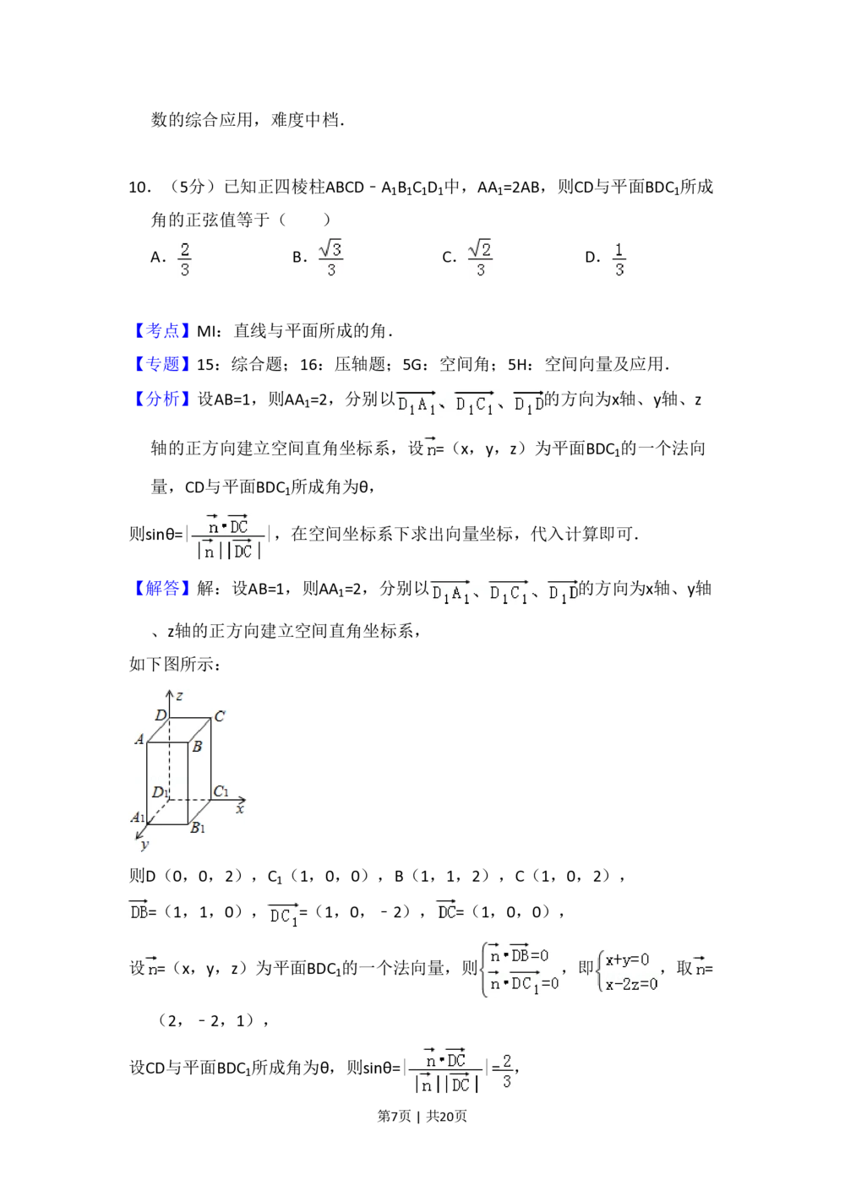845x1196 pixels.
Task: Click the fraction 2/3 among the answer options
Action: pyautogui.click(x=185, y=259)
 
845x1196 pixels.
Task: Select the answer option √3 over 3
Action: pyautogui.click(x=330, y=259)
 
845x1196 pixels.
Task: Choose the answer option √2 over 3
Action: pyautogui.click(x=479, y=259)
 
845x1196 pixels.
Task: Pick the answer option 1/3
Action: pyautogui.click(x=619, y=259)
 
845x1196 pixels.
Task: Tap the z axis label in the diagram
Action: pyautogui.click(x=179, y=696)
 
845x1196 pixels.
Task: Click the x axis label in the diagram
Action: pyautogui.click(x=240, y=809)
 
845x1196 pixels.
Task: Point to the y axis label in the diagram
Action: pyautogui.click(x=145, y=844)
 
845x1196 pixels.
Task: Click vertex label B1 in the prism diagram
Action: pyautogui.click(x=198, y=828)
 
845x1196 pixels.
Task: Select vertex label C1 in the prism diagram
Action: pyautogui.click(x=221, y=791)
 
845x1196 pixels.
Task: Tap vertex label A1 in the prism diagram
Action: pyautogui.click(x=138, y=817)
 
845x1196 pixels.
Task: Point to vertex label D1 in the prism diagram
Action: pyautogui.click(x=159, y=792)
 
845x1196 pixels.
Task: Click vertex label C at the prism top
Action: pyautogui.click(x=220, y=717)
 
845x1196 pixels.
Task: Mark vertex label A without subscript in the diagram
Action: pyautogui.click(x=139, y=740)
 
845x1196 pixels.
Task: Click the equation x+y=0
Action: pyautogui.click(x=627, y=960)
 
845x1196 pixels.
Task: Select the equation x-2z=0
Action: pyautogui.click(x=630, y=983)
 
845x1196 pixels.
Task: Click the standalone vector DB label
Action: pyautogui.click(x=136, y=910)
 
